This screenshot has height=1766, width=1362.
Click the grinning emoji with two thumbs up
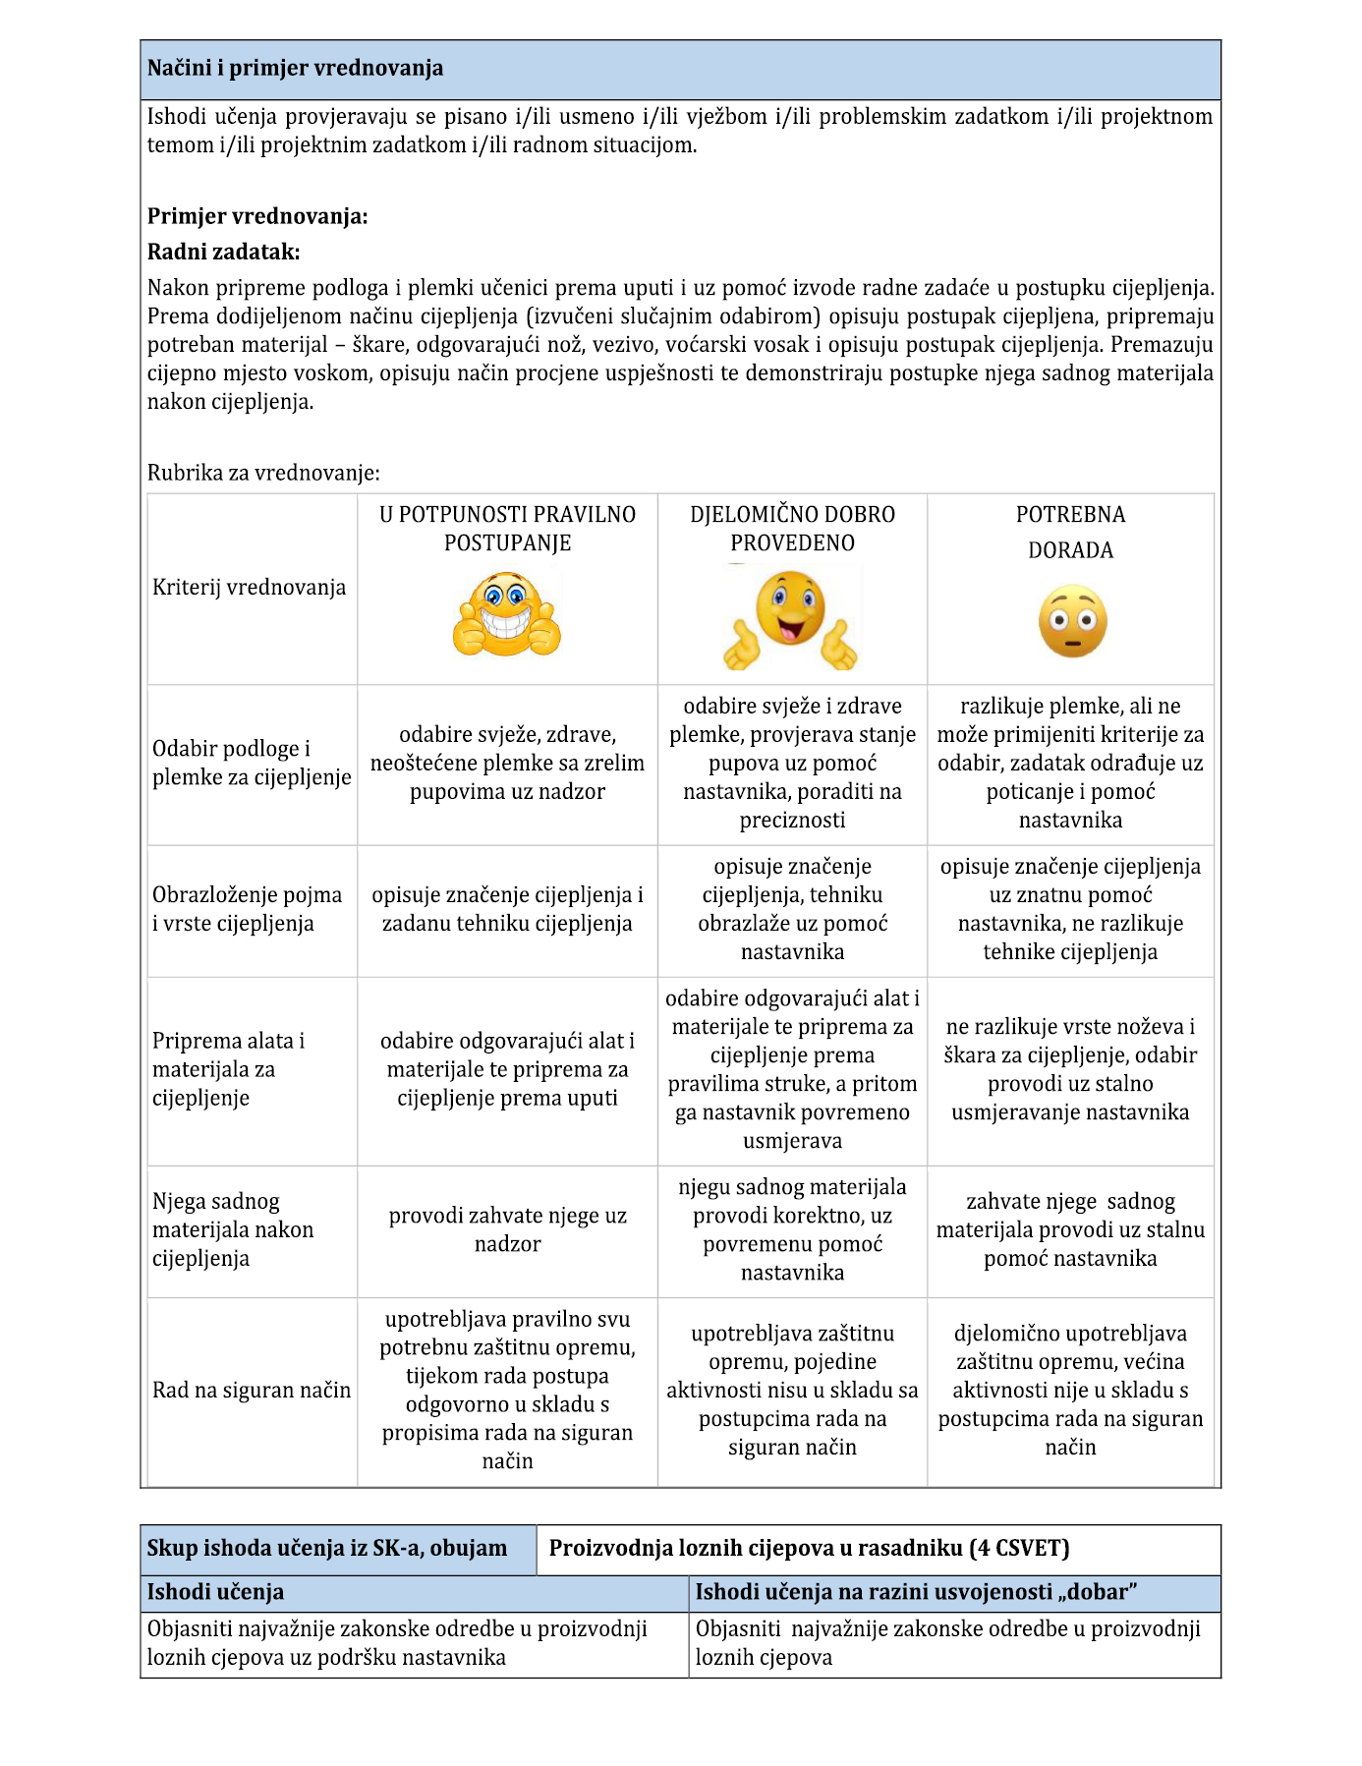coord(506,616)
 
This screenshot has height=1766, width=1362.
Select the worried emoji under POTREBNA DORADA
coord(1072,622)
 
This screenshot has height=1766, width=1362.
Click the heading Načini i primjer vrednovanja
coord(295,69)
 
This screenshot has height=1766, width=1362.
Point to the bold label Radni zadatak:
coord(223,252)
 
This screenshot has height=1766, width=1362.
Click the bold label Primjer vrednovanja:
coord(257,216)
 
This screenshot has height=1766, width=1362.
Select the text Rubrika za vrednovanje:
coord(263,473)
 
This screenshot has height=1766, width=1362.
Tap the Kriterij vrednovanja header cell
coord(250,588)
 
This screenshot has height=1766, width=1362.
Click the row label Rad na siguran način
coord(252,1390)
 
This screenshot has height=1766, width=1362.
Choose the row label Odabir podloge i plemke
coord(252,763)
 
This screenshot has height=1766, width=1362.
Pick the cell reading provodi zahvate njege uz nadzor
coord(507,1229)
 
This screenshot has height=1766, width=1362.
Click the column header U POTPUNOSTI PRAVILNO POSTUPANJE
coord(507,529)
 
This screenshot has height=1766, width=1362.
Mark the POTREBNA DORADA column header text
coord(1070,532)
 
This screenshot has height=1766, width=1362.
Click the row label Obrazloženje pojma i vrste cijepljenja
coord(248,909)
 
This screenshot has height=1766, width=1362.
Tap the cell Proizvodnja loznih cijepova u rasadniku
coord(809,1549)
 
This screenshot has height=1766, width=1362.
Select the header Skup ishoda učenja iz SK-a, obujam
coord(327,1549)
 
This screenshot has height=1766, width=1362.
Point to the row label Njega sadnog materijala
coord(233,1229)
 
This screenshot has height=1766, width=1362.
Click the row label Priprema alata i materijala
coord(228,1069)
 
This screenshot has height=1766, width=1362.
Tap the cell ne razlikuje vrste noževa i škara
coord(1070,1069)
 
